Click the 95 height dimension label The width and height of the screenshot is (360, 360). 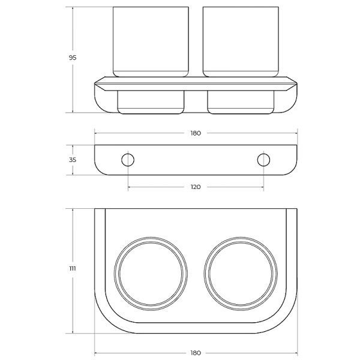(x=73, y=58)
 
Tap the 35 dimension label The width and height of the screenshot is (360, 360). (x=73, y=160)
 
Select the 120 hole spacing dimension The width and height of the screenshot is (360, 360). (x=196, y=187)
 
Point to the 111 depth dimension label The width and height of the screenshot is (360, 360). (x=73, y=268)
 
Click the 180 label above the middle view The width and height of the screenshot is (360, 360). (x=196, y=133)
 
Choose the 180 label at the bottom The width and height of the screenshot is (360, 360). (x=196, y=353)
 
